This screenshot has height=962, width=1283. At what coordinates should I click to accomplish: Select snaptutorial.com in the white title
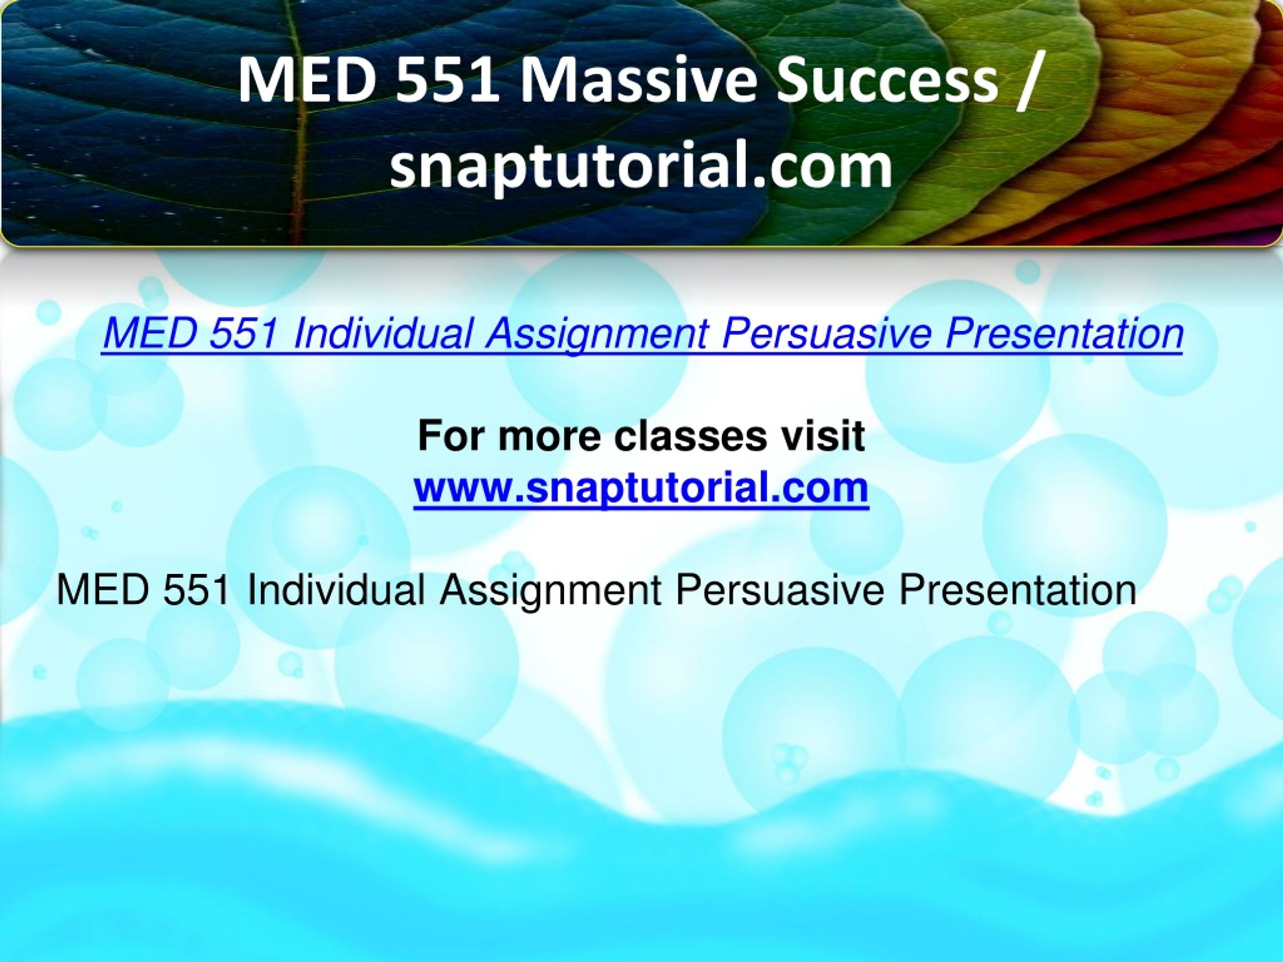coord(641,165)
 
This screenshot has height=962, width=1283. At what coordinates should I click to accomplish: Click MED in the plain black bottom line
coord(103,590)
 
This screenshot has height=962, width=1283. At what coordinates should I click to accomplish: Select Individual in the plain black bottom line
coord(336,590)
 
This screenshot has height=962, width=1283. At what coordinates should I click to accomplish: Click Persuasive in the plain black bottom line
coord(780,590)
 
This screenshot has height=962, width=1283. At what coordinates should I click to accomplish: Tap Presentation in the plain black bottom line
coord(1017,590)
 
